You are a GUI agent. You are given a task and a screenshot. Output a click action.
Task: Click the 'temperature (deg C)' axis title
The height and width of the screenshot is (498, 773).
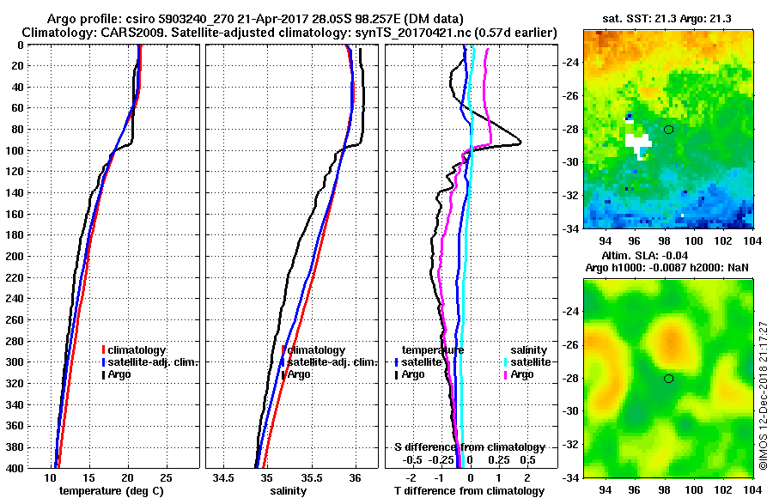point(114,491)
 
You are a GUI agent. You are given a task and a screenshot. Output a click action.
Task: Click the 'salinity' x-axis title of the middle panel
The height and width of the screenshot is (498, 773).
point(289,491)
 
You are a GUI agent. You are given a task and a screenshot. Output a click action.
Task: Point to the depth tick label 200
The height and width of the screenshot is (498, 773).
point(15,256)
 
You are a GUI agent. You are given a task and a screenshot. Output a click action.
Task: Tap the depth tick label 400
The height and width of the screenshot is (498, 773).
point(15,467)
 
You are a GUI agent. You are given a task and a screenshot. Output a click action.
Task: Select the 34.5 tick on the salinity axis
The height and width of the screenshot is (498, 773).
point(225,477)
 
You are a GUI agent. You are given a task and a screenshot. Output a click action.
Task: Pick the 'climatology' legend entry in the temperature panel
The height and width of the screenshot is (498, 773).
point(140,349)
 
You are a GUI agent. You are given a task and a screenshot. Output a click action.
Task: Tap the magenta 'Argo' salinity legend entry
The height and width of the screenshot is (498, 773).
point(522,374)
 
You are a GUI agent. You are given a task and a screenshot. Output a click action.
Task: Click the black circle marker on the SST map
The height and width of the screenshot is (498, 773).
point(668,130)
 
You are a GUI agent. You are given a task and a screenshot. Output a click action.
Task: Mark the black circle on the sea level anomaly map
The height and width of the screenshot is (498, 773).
point(668,378)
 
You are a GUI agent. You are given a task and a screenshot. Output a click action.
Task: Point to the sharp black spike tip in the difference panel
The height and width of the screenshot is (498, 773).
point(520,143)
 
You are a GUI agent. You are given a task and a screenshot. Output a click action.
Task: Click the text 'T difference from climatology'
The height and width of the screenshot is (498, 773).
point(469,491)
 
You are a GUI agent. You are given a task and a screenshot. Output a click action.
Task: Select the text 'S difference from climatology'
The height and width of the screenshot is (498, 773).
point(469,447)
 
